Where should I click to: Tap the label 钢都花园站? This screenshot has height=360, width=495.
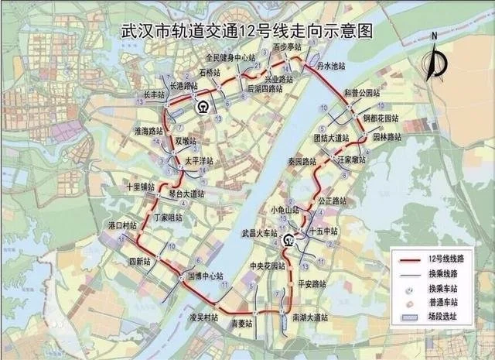[381, 119]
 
